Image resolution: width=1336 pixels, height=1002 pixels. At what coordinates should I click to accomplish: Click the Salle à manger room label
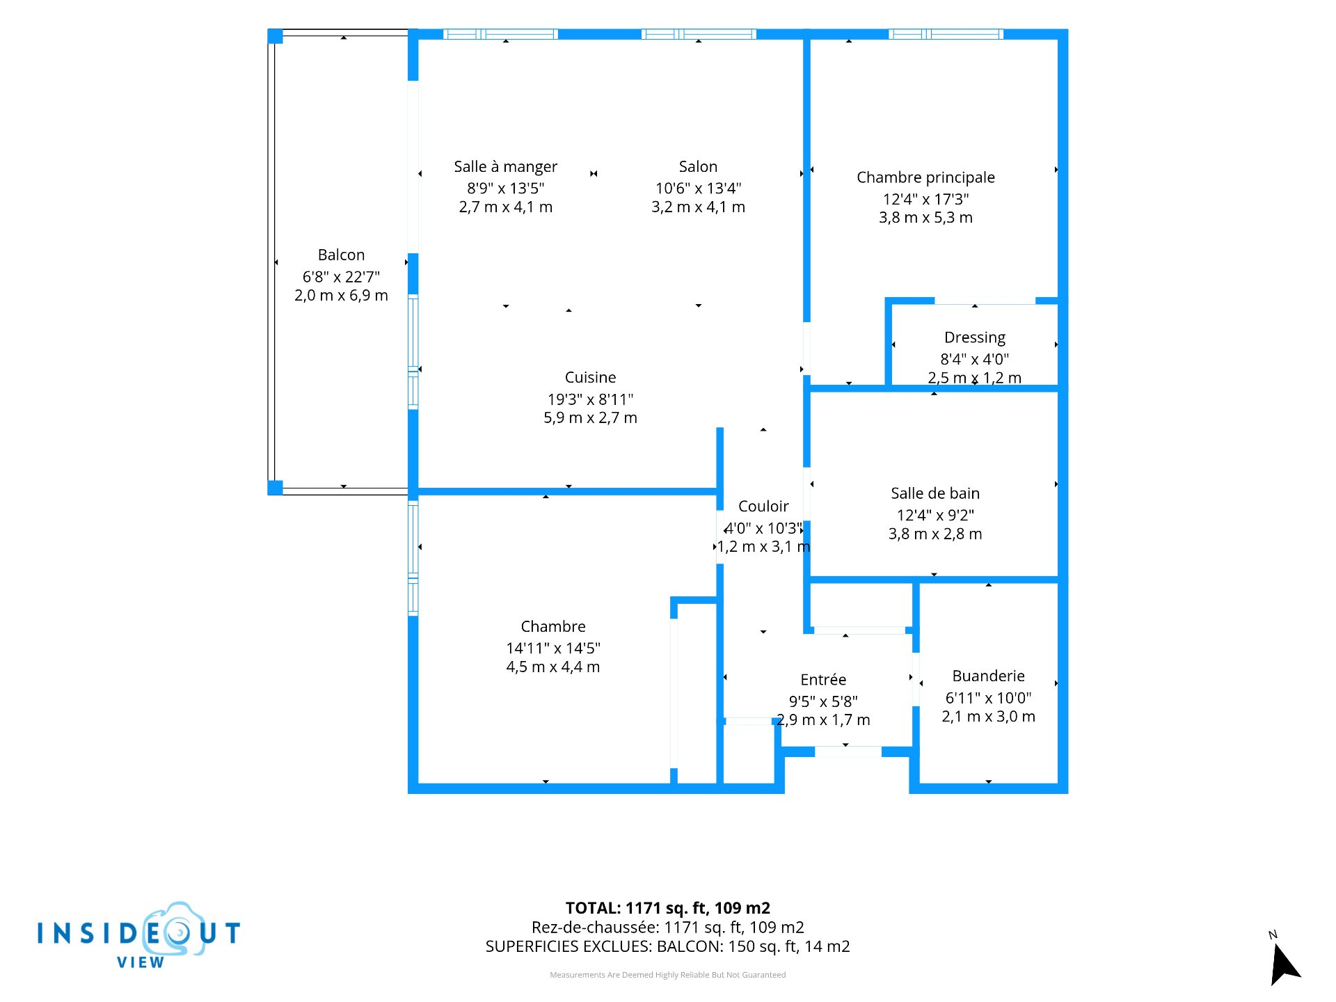pyautogui.click(x=506, y=167)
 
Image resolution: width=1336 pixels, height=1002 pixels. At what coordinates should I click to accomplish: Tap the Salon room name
pyautogui.click(x=698, y=167)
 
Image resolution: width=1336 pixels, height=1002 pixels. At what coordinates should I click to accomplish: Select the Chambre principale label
pyautogui.click(x=925, y=177)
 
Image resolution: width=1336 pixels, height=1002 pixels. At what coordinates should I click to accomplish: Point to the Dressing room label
pyautogui.click(x=975, y=337)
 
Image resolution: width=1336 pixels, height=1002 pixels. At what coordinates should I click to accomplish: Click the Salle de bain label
pyautogui.click(x=935, y=493)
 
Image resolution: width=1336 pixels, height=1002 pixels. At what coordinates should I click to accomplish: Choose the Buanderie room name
pyautogui.click(x=988, y=676)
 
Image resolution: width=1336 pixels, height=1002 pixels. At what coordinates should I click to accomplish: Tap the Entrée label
pyautogui.click(x=823, y=680)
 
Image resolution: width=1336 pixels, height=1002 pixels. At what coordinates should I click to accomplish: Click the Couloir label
pyautogui.click(x=763, y=507)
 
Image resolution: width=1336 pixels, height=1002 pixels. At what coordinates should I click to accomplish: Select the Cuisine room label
pyautogui.click(x=590, y=378)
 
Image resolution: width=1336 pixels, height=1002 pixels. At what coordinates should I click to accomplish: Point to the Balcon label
pyautogui.click(x=341, y=255)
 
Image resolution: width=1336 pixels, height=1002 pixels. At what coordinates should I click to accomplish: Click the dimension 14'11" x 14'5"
pyautogui.click(x=553, y=649)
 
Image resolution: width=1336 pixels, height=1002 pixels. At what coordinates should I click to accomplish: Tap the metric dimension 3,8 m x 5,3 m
pyautogui.click(x=925, y=218)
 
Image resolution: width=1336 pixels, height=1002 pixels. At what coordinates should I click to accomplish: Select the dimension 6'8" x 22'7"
pyautogui.click(x=341, y=277)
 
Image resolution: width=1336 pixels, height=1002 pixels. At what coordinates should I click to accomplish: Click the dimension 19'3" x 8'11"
pyautogui.click(x=590, y=399)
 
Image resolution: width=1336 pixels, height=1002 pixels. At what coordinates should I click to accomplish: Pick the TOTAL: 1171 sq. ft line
pyautogui.click(x=668, y=908)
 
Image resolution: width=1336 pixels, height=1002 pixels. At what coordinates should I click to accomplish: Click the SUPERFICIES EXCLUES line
pyautogui.click(x=668, y=946)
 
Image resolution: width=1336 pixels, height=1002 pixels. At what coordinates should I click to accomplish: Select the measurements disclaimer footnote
pyautogui.click(x=668, y=975)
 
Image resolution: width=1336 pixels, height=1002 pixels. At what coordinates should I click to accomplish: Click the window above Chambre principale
pyautogui.click(x=946, y=34)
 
